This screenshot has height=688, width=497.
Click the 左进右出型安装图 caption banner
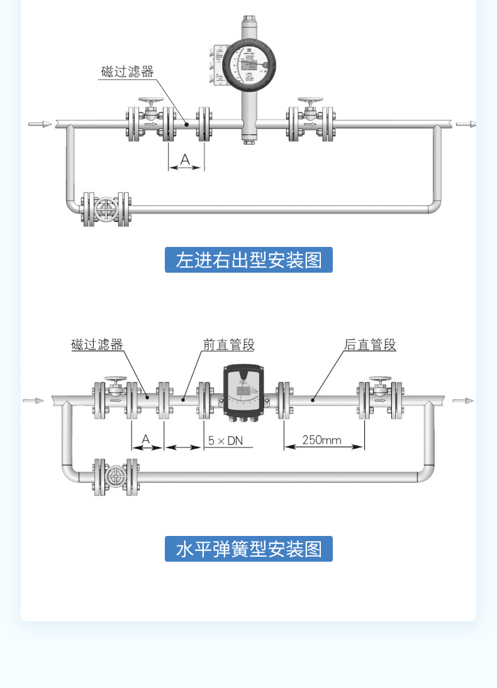coord(248,259)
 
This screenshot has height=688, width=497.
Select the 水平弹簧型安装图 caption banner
coord(248,549)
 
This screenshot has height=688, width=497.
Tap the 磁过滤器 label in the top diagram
coord(128,72)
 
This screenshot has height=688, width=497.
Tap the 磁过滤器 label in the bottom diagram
coord(98,344)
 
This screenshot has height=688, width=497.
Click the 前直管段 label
coord(228,344)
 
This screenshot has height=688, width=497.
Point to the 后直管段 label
coord(370,344)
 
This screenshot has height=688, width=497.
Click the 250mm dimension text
coord(321,439)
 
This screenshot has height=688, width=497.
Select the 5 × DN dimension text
coord(225,440)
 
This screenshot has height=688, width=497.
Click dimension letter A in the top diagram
coord(185,160)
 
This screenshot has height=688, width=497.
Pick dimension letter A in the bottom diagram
coord(146,439)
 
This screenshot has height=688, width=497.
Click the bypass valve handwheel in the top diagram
coord(106,209)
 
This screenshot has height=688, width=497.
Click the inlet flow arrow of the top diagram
coord(40,124)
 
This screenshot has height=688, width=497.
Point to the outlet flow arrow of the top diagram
coord(466,124)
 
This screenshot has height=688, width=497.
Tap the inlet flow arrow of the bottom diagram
coord(34,400)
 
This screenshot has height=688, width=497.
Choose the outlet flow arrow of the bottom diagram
coord(462,400)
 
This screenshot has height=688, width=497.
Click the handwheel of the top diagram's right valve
coord(310,101)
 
